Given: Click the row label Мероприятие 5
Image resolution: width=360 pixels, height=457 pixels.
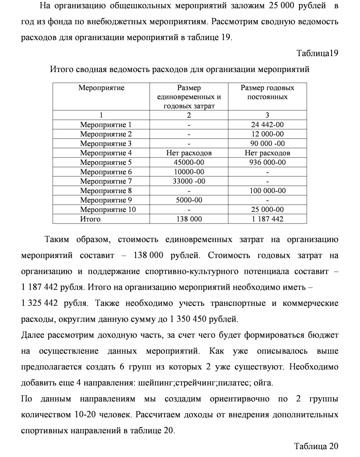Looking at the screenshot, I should tap(106, 162).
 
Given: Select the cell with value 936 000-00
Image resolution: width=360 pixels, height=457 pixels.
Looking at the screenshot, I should tap(267, 162).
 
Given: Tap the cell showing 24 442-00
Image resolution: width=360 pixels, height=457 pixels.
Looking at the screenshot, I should tap(267, 125).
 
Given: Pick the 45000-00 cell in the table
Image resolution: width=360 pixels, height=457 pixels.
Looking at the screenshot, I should tap(189, 162).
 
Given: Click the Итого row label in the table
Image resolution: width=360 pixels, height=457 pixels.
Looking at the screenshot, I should tap(90, 219).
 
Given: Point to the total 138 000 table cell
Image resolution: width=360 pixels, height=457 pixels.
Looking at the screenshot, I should tap(189, 219).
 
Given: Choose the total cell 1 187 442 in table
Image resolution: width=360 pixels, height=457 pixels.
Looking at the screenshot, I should tap(267, 219).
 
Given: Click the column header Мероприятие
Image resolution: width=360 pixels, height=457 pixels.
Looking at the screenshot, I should tap(101, 88).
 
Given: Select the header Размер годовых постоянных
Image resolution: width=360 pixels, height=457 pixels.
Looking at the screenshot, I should tap(267, 92).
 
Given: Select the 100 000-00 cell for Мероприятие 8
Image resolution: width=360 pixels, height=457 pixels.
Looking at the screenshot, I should tap(267, 191).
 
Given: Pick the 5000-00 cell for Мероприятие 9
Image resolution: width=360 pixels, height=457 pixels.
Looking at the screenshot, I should tap(189, 200).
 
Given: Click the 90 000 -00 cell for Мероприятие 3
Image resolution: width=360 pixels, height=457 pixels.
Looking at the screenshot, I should tap(267, 144).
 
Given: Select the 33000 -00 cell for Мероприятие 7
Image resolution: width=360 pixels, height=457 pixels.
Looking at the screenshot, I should tap(189, 181).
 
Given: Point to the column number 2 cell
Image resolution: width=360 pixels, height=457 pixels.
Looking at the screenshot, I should tap(189, 115).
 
